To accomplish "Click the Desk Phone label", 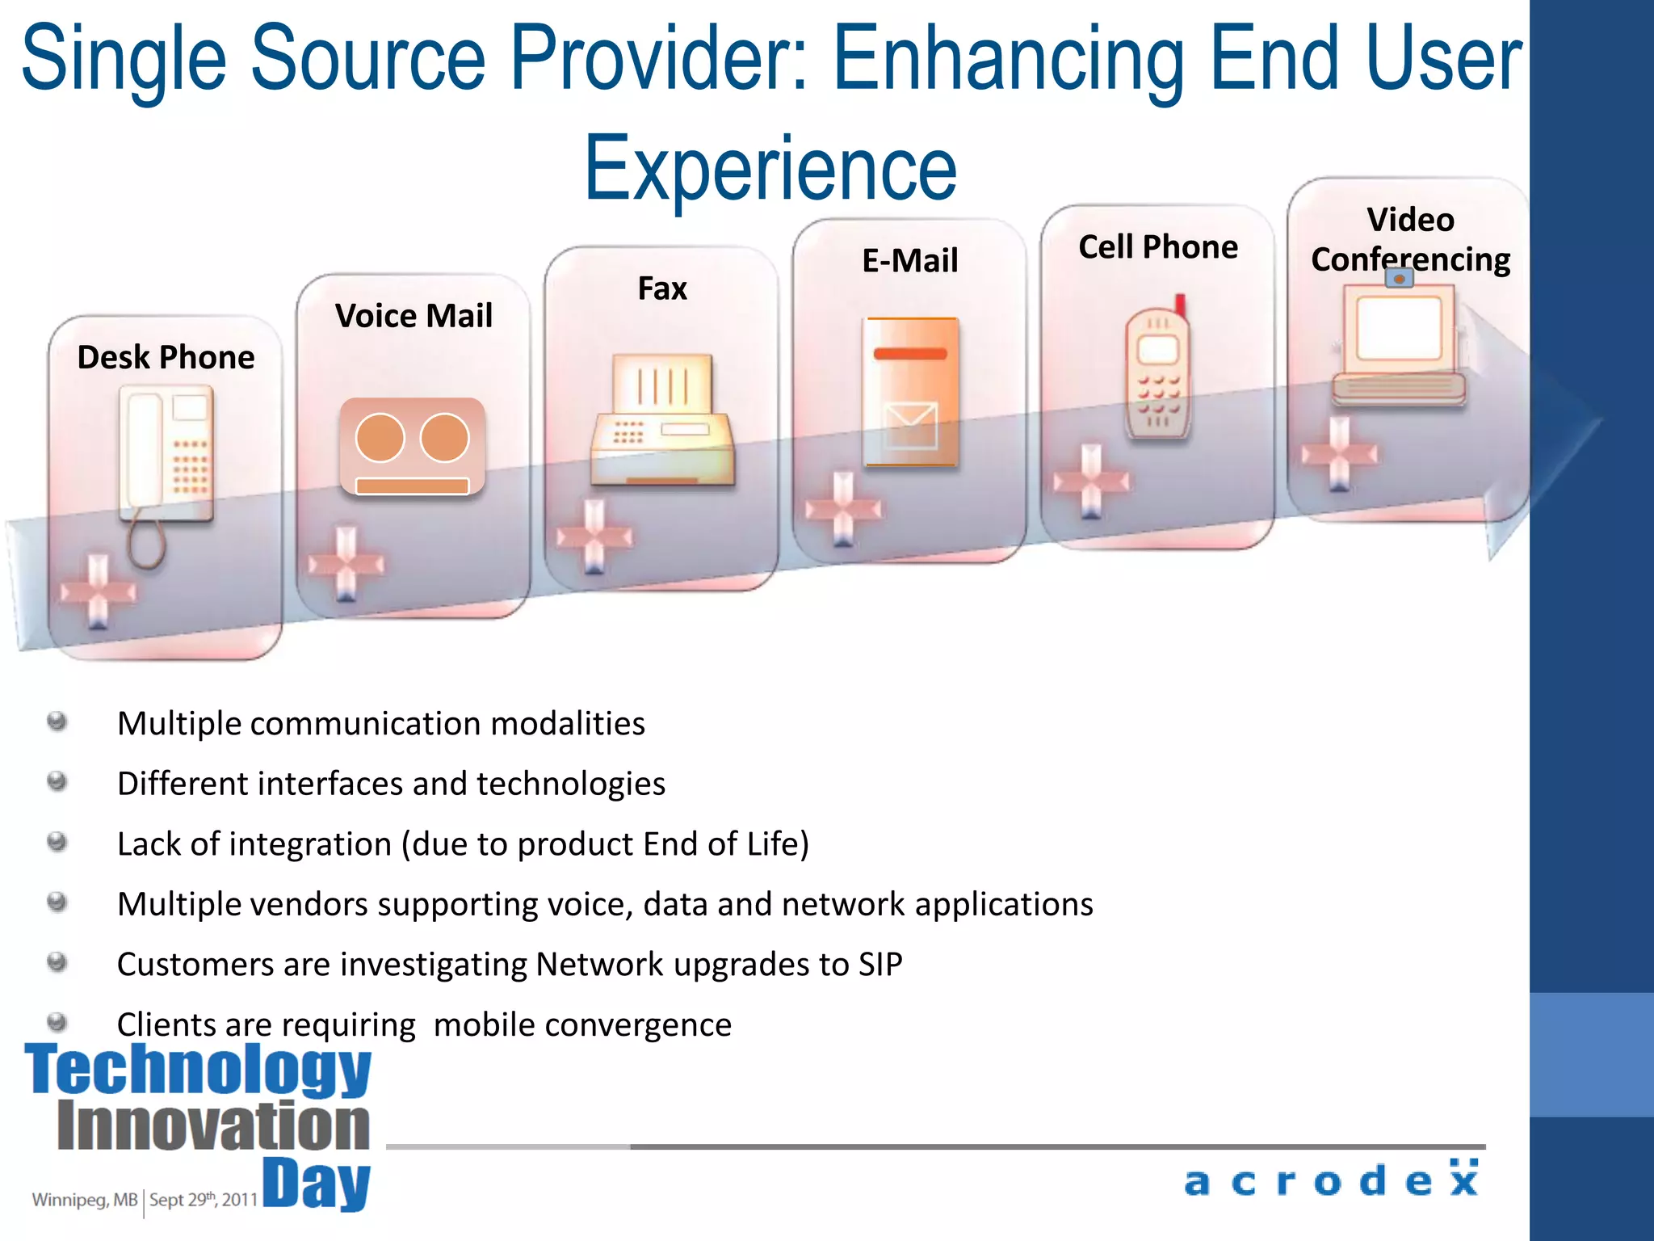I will [x=166, y=357].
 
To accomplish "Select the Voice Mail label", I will [x=413, y=316].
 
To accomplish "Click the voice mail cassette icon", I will [x=413, y=446].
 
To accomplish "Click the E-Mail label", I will [x=910, y=261].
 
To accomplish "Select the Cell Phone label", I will [x=1157, y=247].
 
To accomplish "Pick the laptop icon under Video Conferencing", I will [x=1399, y=343].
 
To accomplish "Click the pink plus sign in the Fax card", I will [x=594, y=536].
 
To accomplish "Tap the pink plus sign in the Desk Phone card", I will [x=98, y=591].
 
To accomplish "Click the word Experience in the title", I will [x=770, y=168].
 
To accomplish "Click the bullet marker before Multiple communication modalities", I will [x=57, y=721].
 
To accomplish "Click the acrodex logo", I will [x=1332, y=1180].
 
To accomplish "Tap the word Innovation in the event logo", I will [x=214, y=1126].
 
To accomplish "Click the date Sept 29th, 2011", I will [x=204, y=1200].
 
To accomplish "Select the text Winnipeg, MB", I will [x=85, y=1200].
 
